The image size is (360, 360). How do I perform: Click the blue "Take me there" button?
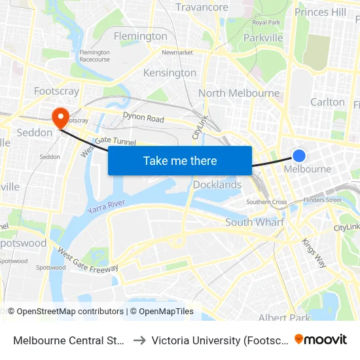[x=180, y=160]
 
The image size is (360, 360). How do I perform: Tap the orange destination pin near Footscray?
[x=61, y=117]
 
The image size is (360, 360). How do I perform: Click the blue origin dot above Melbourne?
[x=298, y=155]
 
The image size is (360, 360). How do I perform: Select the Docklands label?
[x=217, y=185]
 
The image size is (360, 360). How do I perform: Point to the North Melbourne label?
[x=239, y=93]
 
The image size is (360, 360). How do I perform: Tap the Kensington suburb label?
[x=170, y=73]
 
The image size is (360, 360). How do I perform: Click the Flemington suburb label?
[x=140, y=36]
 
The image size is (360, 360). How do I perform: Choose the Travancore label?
[x=202, y=8]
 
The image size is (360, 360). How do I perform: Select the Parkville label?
[x=262, y=37]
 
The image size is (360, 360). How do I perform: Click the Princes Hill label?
[x=320, y=12]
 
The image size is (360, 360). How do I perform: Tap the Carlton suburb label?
[x=327, y=101]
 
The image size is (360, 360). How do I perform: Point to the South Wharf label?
[x=255, y=223]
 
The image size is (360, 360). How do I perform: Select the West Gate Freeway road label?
[x=88, y=260]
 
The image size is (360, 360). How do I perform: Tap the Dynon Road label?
[x=143, y=118]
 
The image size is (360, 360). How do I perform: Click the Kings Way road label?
[x=314, y=252]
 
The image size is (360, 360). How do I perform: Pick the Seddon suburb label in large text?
[x=34, y=132]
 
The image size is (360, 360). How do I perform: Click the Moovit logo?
[x=320, y=339]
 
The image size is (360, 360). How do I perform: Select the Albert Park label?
[x=284, y=318]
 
